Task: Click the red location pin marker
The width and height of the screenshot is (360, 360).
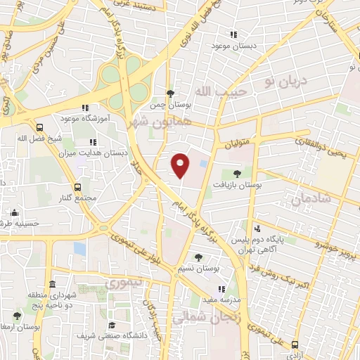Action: click(x=181, y=165)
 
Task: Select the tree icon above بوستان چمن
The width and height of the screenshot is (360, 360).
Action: click(x=169, y=94)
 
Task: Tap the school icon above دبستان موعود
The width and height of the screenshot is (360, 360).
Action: click(x=233, y=34)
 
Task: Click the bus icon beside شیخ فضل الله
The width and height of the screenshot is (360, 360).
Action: click(x=39, y=128)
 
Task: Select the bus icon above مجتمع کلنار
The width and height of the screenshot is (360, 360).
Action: click(x=77, y=187)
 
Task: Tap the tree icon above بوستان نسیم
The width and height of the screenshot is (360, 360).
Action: click(x=198, y=257)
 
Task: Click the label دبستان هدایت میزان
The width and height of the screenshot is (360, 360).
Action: click(x=105, y=152)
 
